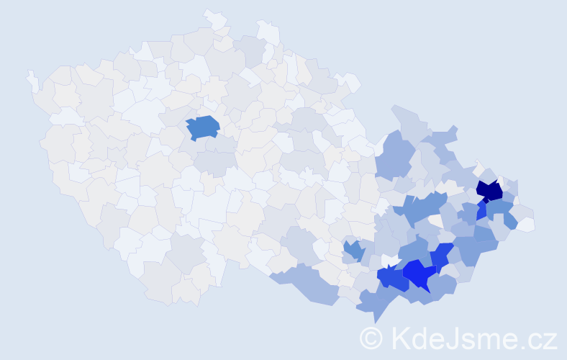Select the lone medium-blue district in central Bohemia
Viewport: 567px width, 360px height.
(203, 127)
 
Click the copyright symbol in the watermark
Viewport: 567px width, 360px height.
(371, 338)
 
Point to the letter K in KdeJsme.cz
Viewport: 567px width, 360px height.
(400, 338)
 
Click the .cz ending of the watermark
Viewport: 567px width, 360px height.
(540, 338)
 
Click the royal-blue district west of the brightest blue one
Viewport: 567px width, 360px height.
(391, 277)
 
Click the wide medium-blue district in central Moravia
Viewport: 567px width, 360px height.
(421, 209)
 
